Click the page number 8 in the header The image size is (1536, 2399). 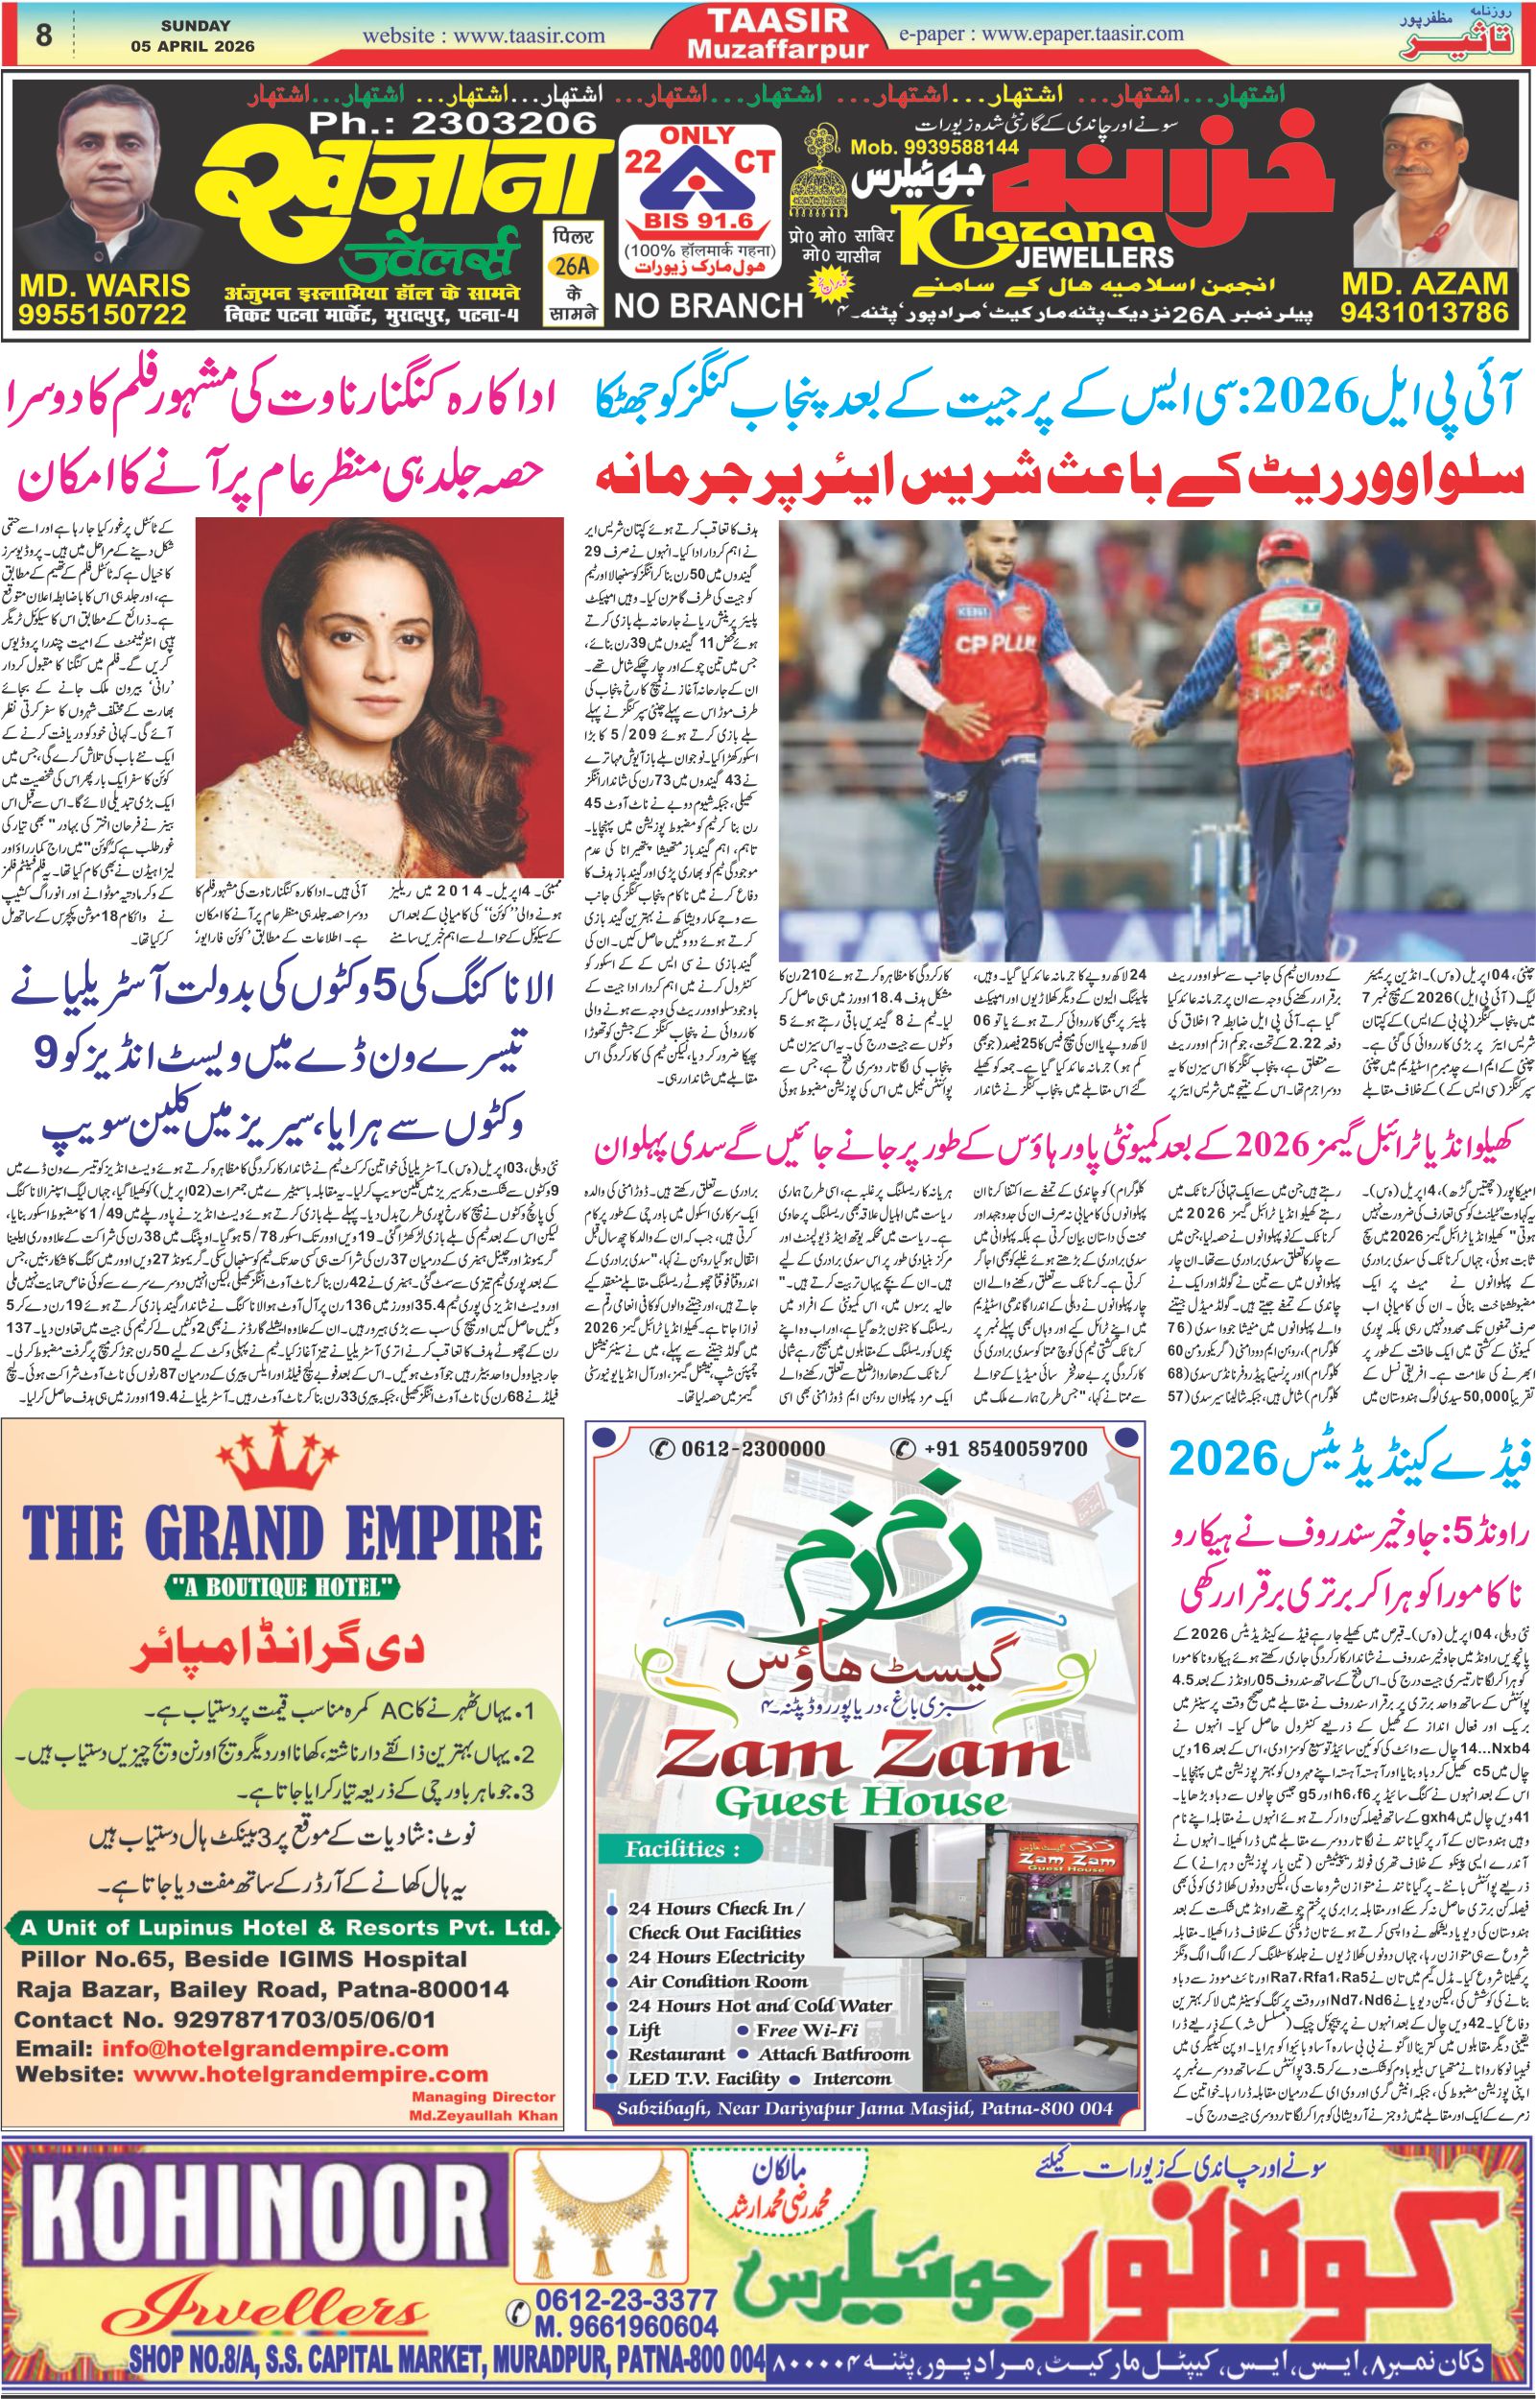tap(43, 35)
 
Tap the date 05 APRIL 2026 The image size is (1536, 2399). tap(193, 46)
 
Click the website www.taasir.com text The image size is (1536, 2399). tap(484, 36)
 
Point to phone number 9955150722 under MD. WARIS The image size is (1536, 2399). tap(102, 314)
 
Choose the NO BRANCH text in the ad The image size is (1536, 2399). tap(708, 305)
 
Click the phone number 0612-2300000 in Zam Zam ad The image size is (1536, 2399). tap(740, 1449)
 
